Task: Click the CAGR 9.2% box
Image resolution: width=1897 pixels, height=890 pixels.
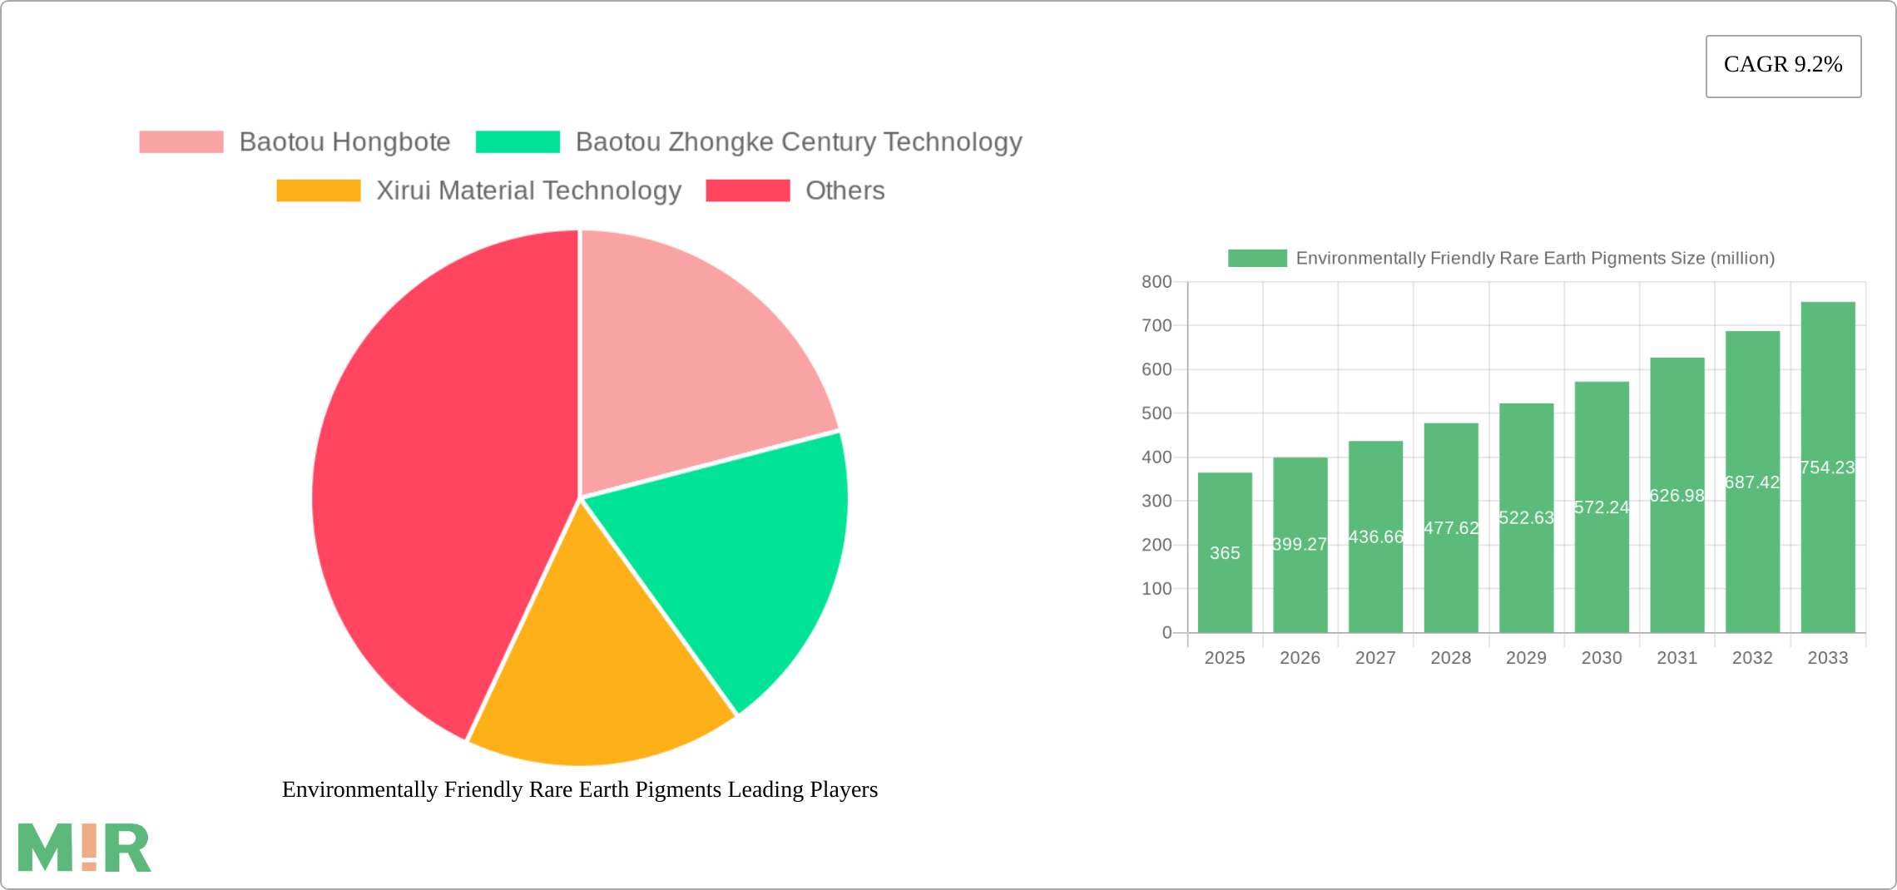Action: (1783, 66)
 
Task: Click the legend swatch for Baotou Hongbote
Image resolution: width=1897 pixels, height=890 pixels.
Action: (181, 142)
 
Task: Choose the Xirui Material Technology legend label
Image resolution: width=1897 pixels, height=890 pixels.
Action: (528, 190)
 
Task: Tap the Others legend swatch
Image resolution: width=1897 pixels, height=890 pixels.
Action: (747, 190)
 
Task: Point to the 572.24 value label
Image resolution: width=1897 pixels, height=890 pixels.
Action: (1602, 507)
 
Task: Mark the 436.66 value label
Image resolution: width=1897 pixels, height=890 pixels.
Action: (1375, 537)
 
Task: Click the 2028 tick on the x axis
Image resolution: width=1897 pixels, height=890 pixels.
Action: (1451, 658)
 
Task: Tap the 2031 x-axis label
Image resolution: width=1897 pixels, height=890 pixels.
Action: (1677, 658)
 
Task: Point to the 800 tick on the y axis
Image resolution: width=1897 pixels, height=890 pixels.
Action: (1157, 282)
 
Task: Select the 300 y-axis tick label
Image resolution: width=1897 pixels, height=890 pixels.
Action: (1157, 501)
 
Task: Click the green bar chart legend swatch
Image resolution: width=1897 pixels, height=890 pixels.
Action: (1257, 259)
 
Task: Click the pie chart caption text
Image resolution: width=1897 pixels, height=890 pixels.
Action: (580, 789)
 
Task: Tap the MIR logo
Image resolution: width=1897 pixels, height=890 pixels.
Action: (84, 848)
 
